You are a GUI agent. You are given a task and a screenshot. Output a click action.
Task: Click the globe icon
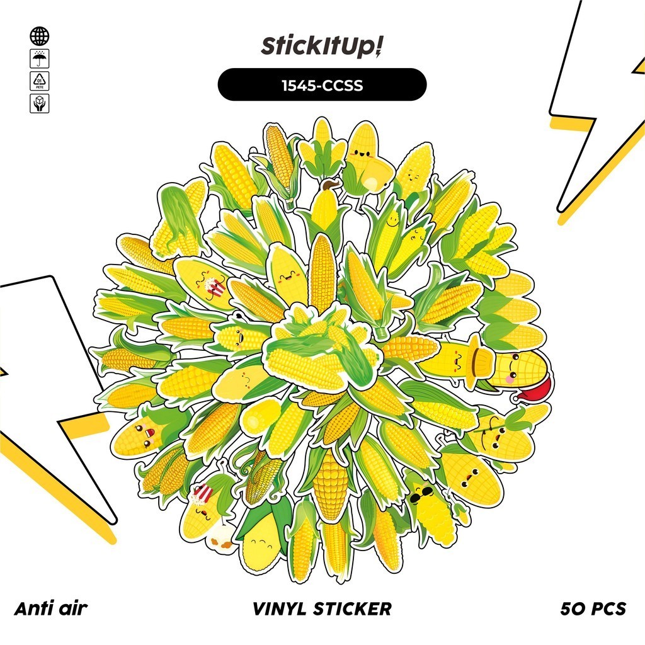tap(39, 36)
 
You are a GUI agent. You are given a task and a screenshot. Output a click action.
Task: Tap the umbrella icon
tap(39, 59)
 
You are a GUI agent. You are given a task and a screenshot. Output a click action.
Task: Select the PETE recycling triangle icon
tap(39, 81)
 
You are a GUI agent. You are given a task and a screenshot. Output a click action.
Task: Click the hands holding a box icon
tap(39, 103)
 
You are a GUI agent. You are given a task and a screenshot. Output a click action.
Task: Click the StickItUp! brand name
tap(322, 48)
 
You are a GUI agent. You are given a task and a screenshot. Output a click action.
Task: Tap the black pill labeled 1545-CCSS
tap(322, 85)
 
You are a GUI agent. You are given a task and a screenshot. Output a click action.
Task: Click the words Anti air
tap(50, 608)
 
